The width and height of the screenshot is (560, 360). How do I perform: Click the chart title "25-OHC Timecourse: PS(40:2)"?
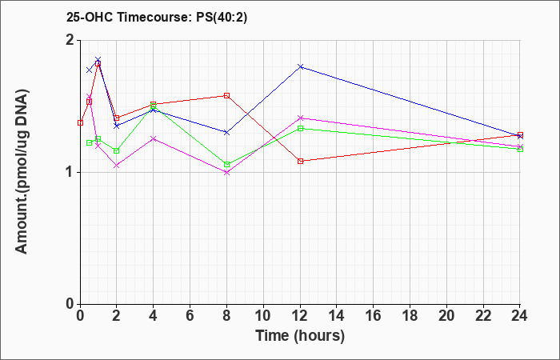pos(157,18)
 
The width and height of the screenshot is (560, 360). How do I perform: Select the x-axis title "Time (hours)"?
pos(300,336)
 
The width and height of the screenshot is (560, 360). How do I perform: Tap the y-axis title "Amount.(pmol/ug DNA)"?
pos(22,172)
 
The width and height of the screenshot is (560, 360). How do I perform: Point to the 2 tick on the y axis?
pos(70,40)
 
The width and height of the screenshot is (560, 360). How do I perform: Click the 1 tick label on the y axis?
pos(70,173)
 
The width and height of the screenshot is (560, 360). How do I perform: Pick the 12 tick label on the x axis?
pos(300,315)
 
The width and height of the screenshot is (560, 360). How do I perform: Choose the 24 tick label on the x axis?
pos(520,315)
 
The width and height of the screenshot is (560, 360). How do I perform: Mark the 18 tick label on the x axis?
pos(410,315)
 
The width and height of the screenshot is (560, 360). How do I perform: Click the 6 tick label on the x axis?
pos(190,315)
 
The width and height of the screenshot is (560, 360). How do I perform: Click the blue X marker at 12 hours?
pos(300,66)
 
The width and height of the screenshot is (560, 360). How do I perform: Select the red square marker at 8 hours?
pos(226,96)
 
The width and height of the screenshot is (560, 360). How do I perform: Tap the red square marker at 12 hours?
pos(300,161)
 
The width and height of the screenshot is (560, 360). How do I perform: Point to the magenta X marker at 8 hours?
pos(226,173)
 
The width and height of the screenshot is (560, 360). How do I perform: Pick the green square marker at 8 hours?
pos(226,165)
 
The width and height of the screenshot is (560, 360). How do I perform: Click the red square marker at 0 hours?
pos(80,123)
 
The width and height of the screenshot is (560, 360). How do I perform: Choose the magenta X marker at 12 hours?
pos(300,118)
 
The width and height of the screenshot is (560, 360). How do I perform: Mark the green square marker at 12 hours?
pos(300,129)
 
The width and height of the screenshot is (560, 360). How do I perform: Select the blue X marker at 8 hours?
pos(226,133)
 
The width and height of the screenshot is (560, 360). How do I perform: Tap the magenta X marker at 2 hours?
pos(117,166)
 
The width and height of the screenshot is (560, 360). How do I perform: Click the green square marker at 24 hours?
pos(520,150)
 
